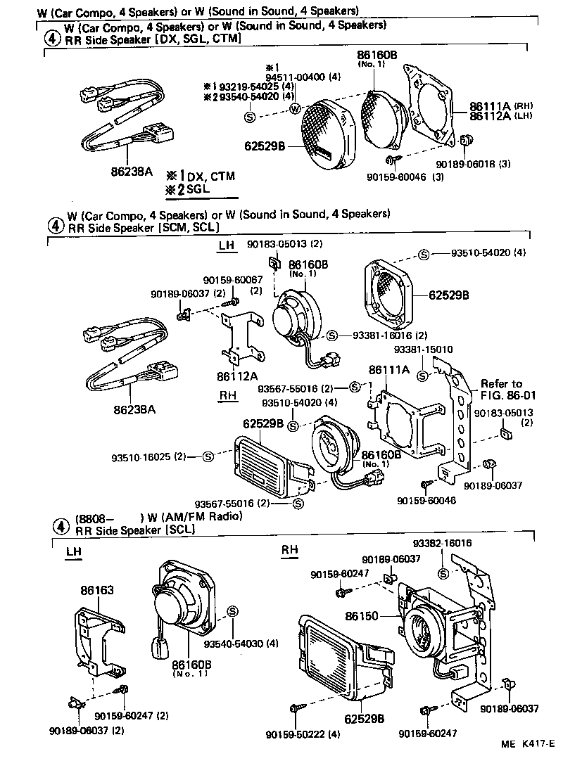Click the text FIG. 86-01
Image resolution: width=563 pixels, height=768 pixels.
[x=501, y=395]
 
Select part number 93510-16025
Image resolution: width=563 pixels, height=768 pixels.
[x=142, y=457]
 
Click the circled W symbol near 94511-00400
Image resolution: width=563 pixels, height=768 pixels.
[x=295, y=109]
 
